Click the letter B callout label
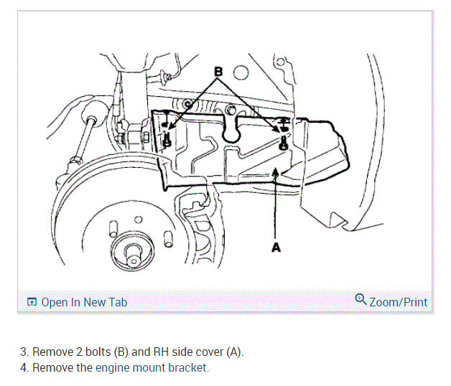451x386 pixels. (219, 72)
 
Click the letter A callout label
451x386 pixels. (276, 247)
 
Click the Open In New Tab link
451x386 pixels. (84, 302)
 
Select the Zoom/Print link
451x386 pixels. (398, 302)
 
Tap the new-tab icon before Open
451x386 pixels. (32, 302)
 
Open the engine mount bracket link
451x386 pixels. (152, 368)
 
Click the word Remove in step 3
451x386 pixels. (52, 352)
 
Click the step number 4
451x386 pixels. (23, 368)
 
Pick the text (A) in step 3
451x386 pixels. (234, 352)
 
